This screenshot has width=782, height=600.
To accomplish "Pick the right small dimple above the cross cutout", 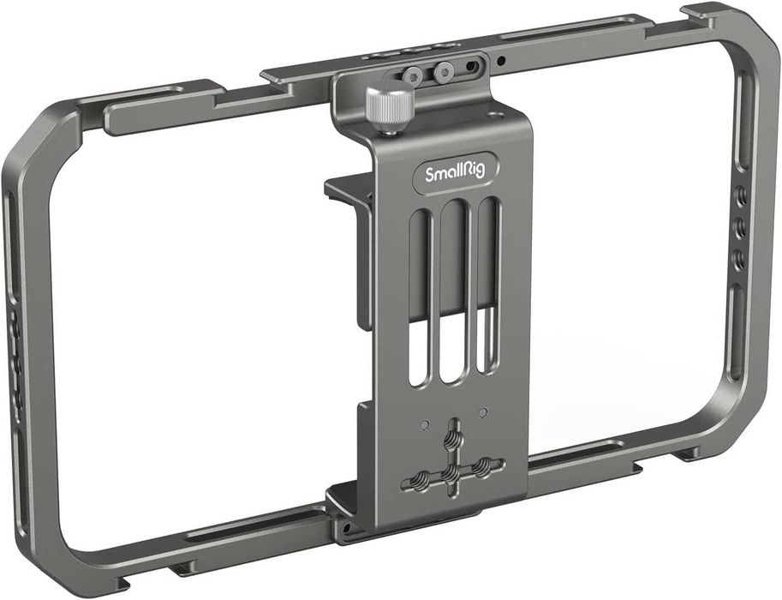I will click(x=483, y=412).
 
